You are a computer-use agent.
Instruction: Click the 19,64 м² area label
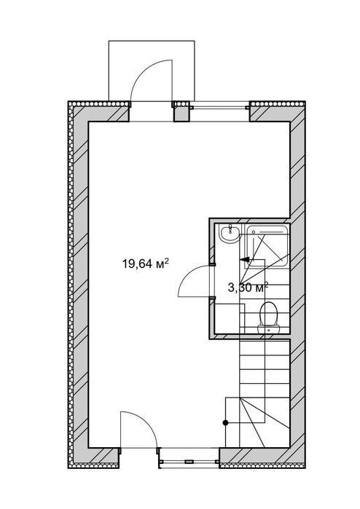point(145,264)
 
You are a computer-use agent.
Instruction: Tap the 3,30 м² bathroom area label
point(248,287)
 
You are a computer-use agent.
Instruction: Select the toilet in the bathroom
point(269,318)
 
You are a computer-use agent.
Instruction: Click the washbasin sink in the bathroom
point(230,234)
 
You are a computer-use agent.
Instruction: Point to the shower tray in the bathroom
point(267,245)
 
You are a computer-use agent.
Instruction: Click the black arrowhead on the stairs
point(245,259)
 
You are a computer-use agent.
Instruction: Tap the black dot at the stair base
point(225,422)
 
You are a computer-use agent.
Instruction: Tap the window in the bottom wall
point(189,461)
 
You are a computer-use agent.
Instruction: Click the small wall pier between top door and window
point(181,111)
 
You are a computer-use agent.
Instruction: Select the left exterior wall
point(78,285)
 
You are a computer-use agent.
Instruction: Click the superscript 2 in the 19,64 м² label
point(166,261)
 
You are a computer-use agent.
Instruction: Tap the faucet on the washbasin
point(230,226)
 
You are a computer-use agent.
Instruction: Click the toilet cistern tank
point(269,329)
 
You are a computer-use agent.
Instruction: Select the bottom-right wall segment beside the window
point(262,458)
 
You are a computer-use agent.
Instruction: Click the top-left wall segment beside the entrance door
point(99,111)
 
